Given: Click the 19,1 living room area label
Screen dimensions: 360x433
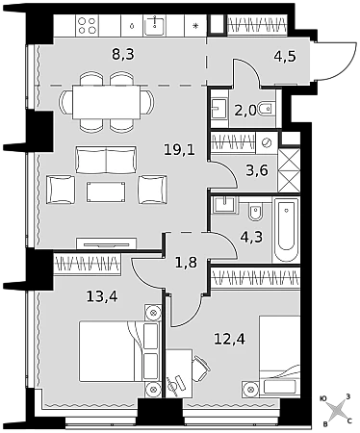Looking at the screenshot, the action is point(179,149).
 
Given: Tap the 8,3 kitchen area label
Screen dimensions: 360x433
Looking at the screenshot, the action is point(123,54).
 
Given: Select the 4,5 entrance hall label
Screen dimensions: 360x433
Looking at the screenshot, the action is point(285,56).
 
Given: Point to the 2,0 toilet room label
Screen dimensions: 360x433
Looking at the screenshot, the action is point(245,111).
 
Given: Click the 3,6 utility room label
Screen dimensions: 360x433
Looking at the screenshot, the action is point(257,170).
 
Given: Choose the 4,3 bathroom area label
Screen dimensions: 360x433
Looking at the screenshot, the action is point(252,238).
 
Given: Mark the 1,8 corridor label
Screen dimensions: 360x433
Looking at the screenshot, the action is point(186,263).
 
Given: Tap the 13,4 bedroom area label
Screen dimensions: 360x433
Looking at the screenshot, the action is point(102,296).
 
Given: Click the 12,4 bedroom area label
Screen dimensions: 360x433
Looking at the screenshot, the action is point(230,339).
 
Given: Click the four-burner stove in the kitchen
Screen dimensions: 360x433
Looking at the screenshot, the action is point(88,26).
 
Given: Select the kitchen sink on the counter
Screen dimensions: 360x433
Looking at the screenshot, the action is point(155,26).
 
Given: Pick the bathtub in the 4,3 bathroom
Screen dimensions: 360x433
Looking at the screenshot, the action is point(286,230).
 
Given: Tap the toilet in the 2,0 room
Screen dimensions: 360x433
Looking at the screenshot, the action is point(267,111).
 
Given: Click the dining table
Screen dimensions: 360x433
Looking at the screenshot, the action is point(107,102).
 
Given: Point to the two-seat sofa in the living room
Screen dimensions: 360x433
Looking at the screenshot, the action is point(106,160).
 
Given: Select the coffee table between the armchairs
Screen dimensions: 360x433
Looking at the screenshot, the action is point(106,191).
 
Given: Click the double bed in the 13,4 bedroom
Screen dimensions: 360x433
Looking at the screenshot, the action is point(119,351).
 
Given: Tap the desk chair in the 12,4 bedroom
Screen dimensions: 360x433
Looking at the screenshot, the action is point(201,367).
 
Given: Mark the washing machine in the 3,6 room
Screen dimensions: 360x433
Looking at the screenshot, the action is point(267,142).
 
